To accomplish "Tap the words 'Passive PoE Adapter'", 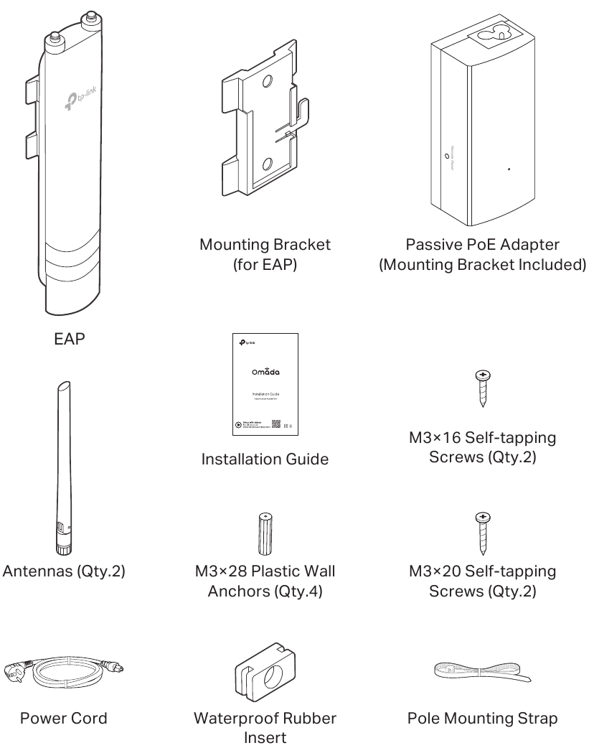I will [483, 245].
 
